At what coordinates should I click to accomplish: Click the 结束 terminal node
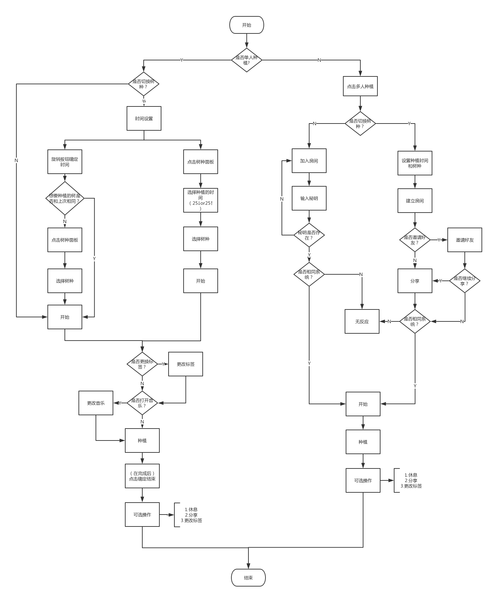pyautogui.click(x=248, y=578)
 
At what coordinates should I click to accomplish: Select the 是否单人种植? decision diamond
pyautogui.click(x=246, y=60)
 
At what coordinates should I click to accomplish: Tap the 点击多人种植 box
pyautogui.click(x=360, y=86)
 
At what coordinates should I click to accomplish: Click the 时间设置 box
pyautogui.click(x=144, y=118)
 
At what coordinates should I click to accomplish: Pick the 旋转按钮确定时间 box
pyautogui.click(x=64, y=162)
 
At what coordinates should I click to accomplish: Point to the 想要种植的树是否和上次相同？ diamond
pyautogui.click(x=65, y=198)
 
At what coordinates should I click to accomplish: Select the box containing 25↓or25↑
pyautogui.click(x=200, y=200)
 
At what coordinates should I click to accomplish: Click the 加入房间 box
pyautogui.click(x=309, y=161)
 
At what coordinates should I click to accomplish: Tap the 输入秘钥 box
pyautogui.click(x=309, y=198)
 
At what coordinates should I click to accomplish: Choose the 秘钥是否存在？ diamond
pyautogui.click(x=309, y=235)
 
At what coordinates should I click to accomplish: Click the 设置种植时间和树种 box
pyautogui.click(x=415, y=163)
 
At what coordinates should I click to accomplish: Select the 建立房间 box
pyautogui.click(x=415, y=201)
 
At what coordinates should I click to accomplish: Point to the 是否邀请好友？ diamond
pyautogui.click(x=415, y=240)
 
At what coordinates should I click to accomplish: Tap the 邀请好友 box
pyautogui.click(x=464, y=240)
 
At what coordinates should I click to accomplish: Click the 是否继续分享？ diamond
pyautogui.click(x=464, y=281)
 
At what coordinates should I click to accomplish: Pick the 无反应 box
pyautogui.click(x=362, y=321)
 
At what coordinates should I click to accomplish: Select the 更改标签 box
pyautogui.click(x=185, y=364)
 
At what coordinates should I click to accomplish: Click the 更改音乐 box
pyautogui.click(x=96, y=403)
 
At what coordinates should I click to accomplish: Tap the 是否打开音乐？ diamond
pyautogui.click(x=142, y=403)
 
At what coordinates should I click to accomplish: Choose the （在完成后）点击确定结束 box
pyautogui.click(x=142, y=476)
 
